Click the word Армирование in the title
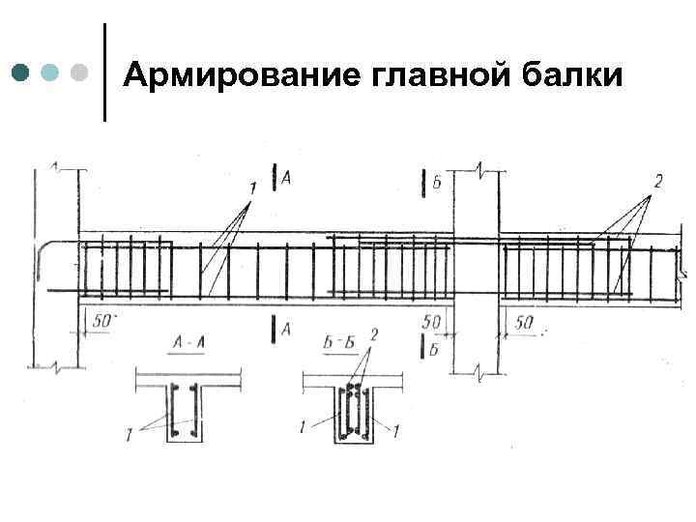point(242,73)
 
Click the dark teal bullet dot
point(20,72)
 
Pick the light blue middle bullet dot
point(51,72)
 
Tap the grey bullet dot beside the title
point(80,72)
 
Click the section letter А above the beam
point(287,179)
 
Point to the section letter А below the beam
point(286,331)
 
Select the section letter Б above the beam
point(437,181)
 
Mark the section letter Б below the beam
point(436,349)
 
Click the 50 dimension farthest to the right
point(524,322)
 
